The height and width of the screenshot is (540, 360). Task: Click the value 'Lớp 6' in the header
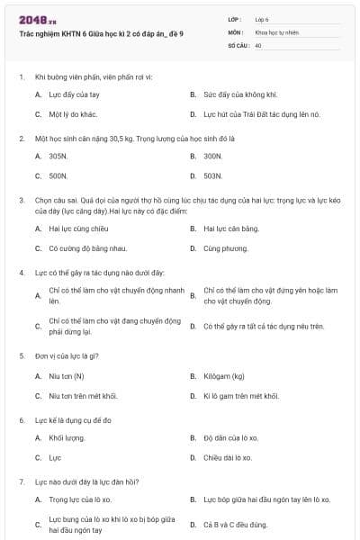point(262,19)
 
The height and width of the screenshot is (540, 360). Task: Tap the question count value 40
point(258,44)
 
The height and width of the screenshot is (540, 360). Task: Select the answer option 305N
point(58,156)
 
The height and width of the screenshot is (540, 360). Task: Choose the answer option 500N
point(58,176)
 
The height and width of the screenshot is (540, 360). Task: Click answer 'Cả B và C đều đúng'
point(236,525)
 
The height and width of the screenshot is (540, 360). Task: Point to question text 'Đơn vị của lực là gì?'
point(72,355)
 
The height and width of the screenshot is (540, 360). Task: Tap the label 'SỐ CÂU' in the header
point(238,44)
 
